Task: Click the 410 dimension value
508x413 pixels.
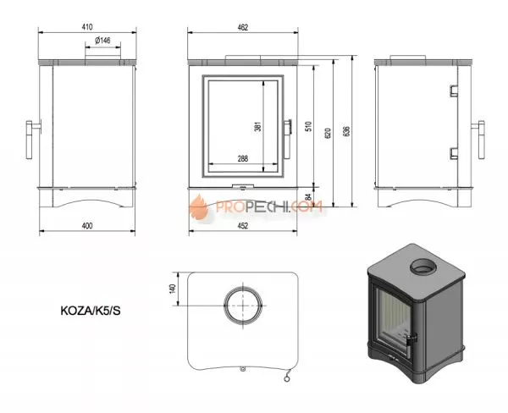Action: point(87,27)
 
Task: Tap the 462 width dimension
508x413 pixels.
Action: point(243,27)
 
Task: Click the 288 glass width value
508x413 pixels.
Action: point(241,158)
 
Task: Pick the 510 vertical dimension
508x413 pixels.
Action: point(309,128)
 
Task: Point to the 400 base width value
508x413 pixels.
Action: point(86,225)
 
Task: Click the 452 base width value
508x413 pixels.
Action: point(243,225)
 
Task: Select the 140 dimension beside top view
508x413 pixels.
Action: point(172,289)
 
